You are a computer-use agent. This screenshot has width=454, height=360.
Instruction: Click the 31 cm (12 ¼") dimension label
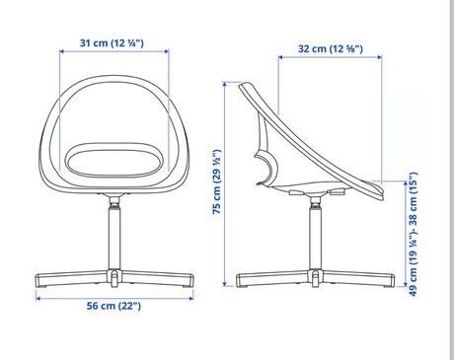click(x=112, y=43)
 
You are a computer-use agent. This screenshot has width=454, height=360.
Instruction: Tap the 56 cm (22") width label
click(x=113, y=306)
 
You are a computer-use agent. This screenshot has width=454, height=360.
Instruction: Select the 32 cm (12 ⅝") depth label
click(x=331, y=49)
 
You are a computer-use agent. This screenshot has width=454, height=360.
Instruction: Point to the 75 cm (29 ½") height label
click(x=217, y=181)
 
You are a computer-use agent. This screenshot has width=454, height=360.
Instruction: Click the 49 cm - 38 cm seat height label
click(x=413, y=234)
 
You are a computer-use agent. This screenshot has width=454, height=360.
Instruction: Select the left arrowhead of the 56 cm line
click(x=38, y=298)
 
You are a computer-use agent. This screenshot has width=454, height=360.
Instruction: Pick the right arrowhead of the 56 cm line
click(x=191, y=298)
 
